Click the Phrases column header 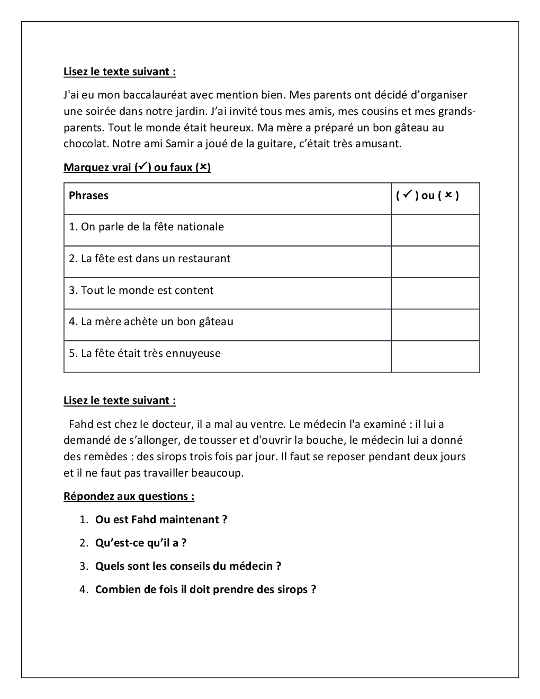(x=88, y=195)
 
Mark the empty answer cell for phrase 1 (x=435, y=230)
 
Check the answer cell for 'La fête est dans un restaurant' (x=435, y=262)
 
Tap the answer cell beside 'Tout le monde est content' (x=435, y=293)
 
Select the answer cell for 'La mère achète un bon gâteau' (x=435, y=325)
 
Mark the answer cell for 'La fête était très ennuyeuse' (x=435, y=356)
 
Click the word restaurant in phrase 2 (x=204, y=259)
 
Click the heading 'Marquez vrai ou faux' (x=137, y=168)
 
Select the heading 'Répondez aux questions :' (x=129, y=497)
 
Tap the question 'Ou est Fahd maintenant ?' (x=161, y=520)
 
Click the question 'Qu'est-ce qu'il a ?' (x=141, y=543)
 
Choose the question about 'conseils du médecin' (x=188, y=567)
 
